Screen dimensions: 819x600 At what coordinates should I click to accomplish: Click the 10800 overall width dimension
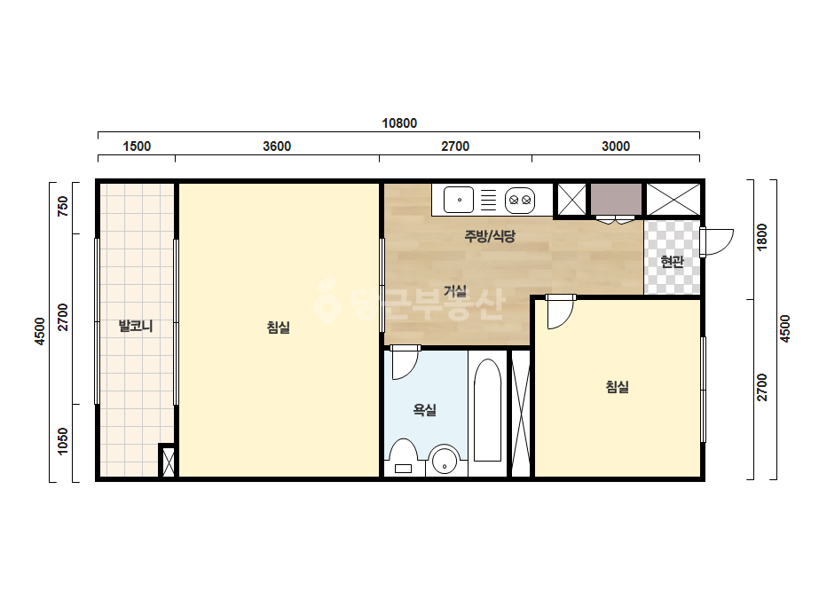[x=399, y=123]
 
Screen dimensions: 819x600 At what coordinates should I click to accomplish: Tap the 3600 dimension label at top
[x=277, y=146]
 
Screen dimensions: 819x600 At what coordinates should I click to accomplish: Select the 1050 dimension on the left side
[x=63, y=442]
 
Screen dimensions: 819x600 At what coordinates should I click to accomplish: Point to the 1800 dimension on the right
[x=762, y=237]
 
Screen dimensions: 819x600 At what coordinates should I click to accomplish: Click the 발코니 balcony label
[x=136, y=326]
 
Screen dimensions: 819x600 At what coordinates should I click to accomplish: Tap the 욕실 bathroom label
[x=425, y=410]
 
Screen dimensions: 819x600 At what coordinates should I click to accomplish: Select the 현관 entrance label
[x=672, y=261]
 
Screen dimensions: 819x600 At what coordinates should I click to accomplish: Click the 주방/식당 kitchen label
[x=490, y=236]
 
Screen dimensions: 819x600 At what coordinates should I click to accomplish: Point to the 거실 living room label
[x=455, y=291]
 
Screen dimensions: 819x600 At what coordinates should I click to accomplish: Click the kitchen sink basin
[x=459, y=200]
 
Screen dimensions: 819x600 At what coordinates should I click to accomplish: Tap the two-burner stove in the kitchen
[x=520, y=201]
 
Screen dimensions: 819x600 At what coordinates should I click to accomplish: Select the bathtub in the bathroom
[x=487, y=410]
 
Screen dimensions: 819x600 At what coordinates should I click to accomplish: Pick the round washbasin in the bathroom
[x=445, y=460]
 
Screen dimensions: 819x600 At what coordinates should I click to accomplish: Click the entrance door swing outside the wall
[x=718, y=242]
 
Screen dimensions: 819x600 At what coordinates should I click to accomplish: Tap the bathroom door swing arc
[x=406, y=364]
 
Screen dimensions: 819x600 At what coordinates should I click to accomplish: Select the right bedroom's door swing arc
[x=561, y=313]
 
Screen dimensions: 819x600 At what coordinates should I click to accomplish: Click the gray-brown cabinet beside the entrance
[x=617, y=198]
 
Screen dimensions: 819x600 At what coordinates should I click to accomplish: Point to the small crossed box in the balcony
[x=169, y=462]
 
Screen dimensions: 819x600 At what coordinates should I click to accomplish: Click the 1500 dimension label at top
[x=137, y=146]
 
